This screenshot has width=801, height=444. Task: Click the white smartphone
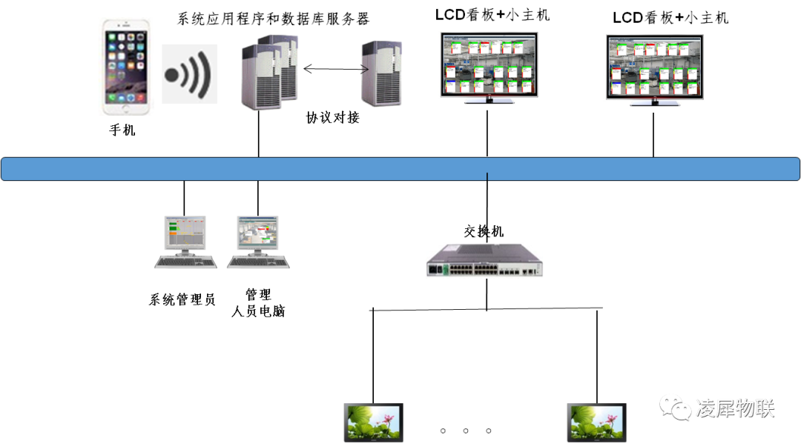[x=125, y=66]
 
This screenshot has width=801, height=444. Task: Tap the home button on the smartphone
[x=125, y=108]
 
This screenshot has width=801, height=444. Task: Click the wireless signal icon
[x=189, y=73]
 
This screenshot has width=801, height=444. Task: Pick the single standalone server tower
[x=380, y=73]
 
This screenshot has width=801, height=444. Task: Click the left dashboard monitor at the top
[x=489, y=64]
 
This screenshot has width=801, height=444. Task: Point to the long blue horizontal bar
[x=400, y=168]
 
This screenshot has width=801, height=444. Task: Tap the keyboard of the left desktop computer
[x=185, y=262]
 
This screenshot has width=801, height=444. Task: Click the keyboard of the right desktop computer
[x=258, y=262]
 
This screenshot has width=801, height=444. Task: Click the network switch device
[x=484, y=260]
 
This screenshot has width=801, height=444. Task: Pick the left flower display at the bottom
[x=373, y=423]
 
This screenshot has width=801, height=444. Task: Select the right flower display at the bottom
[x=596, y=423]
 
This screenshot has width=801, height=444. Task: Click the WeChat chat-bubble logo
[x=675, y=406]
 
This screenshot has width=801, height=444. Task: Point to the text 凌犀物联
[x=735, y=408]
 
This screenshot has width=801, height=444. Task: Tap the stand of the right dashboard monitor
[x=654, y=102]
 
